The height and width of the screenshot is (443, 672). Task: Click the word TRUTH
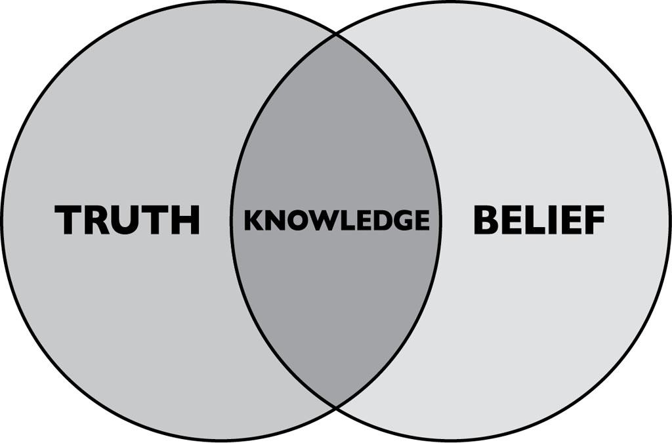pyautogui.click(x=127, y=220)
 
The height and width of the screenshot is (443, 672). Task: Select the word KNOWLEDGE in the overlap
pyautogui.click(x=337, y=220)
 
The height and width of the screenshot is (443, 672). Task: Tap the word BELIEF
pyautogui.click(x=539, y=220)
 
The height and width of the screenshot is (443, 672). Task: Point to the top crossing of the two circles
pyautogui.click(x=336, y=33)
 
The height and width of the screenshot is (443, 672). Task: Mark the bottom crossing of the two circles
pyautogui.click(x=336, y=408)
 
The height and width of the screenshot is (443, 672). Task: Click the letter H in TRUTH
pyautogui.click(x=187, y=220)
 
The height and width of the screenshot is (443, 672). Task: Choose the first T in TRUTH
pyautogui.click(x=68, y=220)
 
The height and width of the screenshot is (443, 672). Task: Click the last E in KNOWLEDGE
pyautogui.click(x=421, y=220)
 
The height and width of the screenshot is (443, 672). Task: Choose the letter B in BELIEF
pyautogui.click(x=485, y=220)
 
